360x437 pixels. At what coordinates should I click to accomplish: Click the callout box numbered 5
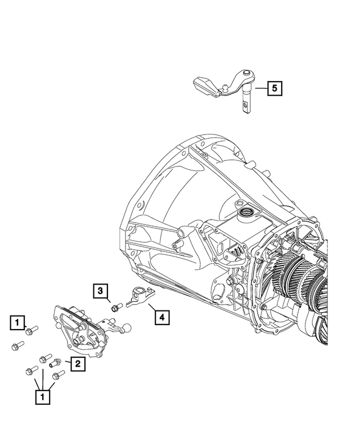pyautogui.click(x=274, y=88)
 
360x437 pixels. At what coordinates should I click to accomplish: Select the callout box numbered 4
pyautogui.click(x=161, y=318)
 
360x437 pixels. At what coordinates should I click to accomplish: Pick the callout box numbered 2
pyautogui.click(x=77, y=364)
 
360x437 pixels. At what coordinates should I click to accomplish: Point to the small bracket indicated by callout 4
pyautogui.click(x=138, y=296)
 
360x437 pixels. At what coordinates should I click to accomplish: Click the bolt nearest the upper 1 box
pyautogui.click(x=33, y=330)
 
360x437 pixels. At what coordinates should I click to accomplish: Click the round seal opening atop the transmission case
pyautogui.click(x=245, y=212)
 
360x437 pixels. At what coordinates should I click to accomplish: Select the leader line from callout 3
pyautogui.click(x=108, y=299)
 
